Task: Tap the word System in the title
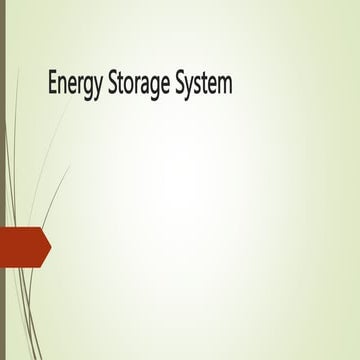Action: point(204,85)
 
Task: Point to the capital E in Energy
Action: point(52,84)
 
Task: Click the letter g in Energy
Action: point(87,88)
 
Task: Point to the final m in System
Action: point(224,86)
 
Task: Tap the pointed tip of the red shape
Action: point(49,246)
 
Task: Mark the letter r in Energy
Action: point(80,86)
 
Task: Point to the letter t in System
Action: point(203,85)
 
